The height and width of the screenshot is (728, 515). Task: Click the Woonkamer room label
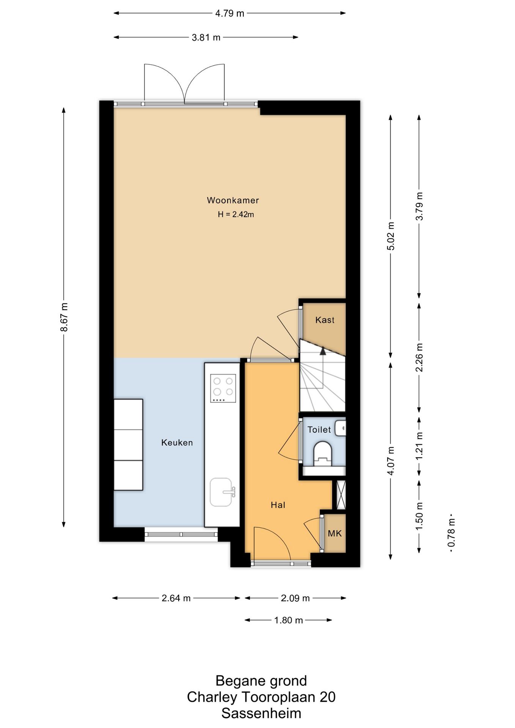(233, 200)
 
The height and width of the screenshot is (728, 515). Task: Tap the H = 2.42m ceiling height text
(236, 214)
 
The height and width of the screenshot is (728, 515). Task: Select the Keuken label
(177, 442)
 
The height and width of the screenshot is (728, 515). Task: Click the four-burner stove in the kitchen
(223, 388)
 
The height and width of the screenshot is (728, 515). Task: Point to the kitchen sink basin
(221, 492)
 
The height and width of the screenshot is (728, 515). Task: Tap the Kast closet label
(325, 320)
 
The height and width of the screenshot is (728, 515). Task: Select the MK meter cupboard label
(334, 533)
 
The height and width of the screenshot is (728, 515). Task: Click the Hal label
(278, 505)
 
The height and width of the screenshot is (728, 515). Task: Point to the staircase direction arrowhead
(323, 351)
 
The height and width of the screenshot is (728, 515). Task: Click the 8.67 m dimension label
(64, 317)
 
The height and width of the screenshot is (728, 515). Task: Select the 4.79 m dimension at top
(230, 13)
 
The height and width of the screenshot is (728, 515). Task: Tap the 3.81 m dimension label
(206, 37)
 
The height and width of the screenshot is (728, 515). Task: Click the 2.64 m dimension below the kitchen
(176, 598)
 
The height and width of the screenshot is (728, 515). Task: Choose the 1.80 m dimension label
(288, 620)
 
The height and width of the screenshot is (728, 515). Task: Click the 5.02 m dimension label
(391, 236)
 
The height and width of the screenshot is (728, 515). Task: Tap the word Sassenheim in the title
(261, 713)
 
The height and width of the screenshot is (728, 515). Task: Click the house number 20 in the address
(327, 697)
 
